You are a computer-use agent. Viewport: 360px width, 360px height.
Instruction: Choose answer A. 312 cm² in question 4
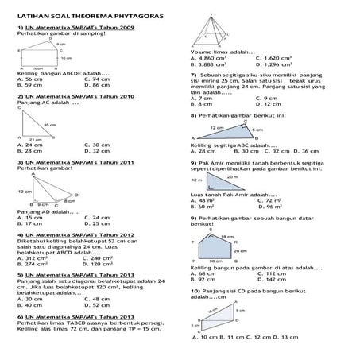tap(33, 258)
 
